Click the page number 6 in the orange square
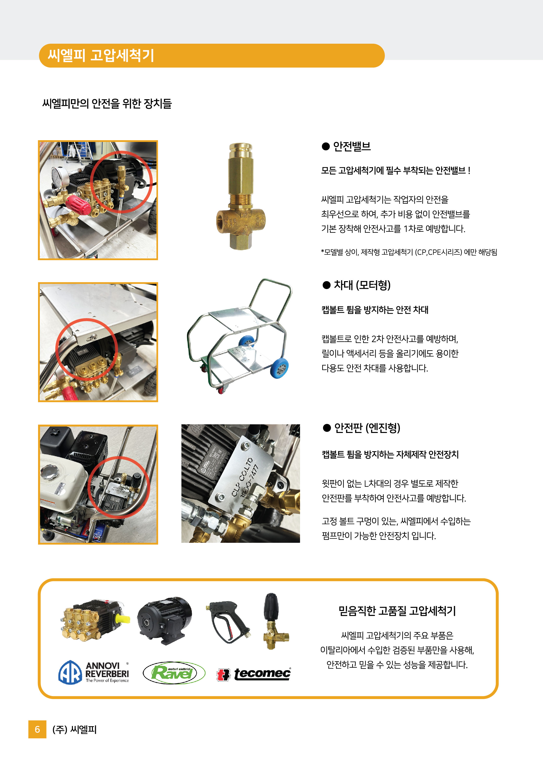[x=37, y=729]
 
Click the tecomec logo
[x=254, y=674]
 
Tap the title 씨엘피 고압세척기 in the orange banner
[x=101, y=56]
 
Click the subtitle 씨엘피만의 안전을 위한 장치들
[x=107, y=103]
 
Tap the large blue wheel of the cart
[x=280, y=368]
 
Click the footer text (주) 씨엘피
[x=74, y=730]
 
